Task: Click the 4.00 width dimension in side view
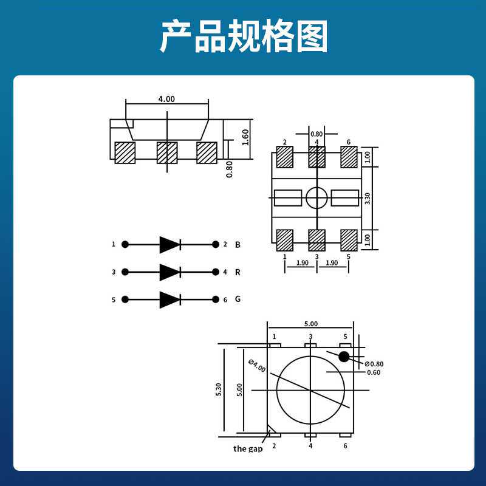(166, 99)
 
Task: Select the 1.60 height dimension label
(245, 137)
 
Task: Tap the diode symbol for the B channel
(169, 244)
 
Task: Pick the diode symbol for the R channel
(169, 272)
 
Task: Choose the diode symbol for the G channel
(169, 299)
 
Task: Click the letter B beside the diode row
(238, 245)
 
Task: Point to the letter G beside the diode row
(238, 299)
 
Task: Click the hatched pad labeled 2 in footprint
(284, 157)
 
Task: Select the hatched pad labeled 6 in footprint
(349, 157)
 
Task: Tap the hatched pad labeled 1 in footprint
(284, 240)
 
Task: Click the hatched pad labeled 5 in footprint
(349, 240)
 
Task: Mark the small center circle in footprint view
(317, 197)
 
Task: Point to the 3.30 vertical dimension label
(367, 198)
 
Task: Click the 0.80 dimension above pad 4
(317, 134)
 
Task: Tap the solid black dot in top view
(344, 357)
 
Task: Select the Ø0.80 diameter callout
(374, 364)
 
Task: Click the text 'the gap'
(248, 449)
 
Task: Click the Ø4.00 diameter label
(258, 366)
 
